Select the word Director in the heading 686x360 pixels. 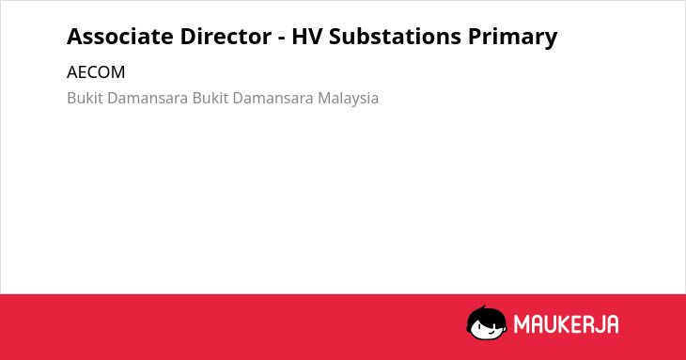pyautogui.click(x=226, y=36)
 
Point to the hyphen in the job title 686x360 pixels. pyautogui.click(x=281, y=39)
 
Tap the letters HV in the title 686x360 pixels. pyautogui.click(x=306, y=37)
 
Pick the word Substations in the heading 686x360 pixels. pyautogui.click(x=395, y=36)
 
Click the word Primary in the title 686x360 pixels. pyautogui.click(x=512, y=38)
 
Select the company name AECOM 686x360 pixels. pyautogui.click(x=96, y=72)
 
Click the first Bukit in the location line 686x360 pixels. pyautogui.click(x=86, y=98)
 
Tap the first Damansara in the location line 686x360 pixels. pyautogui.click(x=148, y=98)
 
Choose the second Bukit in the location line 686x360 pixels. pyautogui.click(x=210, y=98)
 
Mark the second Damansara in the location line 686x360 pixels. pyautogui.click(x=273, y=98)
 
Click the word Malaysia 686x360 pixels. pyautogui.click(x=349, y=99)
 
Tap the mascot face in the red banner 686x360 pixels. pyautogui.click(x=487, y=323)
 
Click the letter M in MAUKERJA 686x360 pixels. pyautogui.click(x=521, y=324)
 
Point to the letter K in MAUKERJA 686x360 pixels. pyautogui.click(x=566, y=324)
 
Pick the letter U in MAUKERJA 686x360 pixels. pyautogui.click(x=551, y=324)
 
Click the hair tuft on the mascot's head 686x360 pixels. pyautogui.click(x=482, y=307)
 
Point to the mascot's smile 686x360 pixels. pyautogui.click(x=491, y=332)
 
